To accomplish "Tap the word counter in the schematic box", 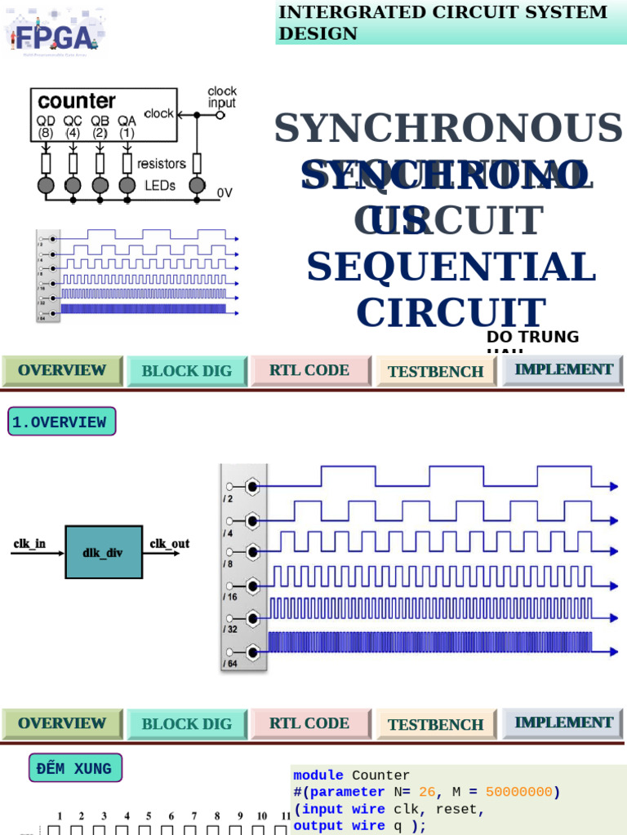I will click(x=77, y=102).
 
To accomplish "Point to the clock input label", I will click(x=222, y=97).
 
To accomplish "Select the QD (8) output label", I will click(x=46, y=126).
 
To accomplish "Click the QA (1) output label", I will click(x=127, y=126).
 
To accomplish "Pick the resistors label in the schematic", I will click(x=162, y=164).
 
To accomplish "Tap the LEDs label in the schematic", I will click(x=160, y=186).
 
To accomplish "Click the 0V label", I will click(x=225, y=193).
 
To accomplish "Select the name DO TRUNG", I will click(x=532, y=337).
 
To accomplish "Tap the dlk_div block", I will click(x=103, y=552).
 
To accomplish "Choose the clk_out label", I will click(x=169, y=543).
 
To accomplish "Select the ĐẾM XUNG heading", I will click(x=74, y=769).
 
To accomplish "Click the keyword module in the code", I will click(x=318, y=775).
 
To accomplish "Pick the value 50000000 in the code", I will click(x=518, y=792).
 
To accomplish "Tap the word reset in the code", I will click(x=456, y=809).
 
